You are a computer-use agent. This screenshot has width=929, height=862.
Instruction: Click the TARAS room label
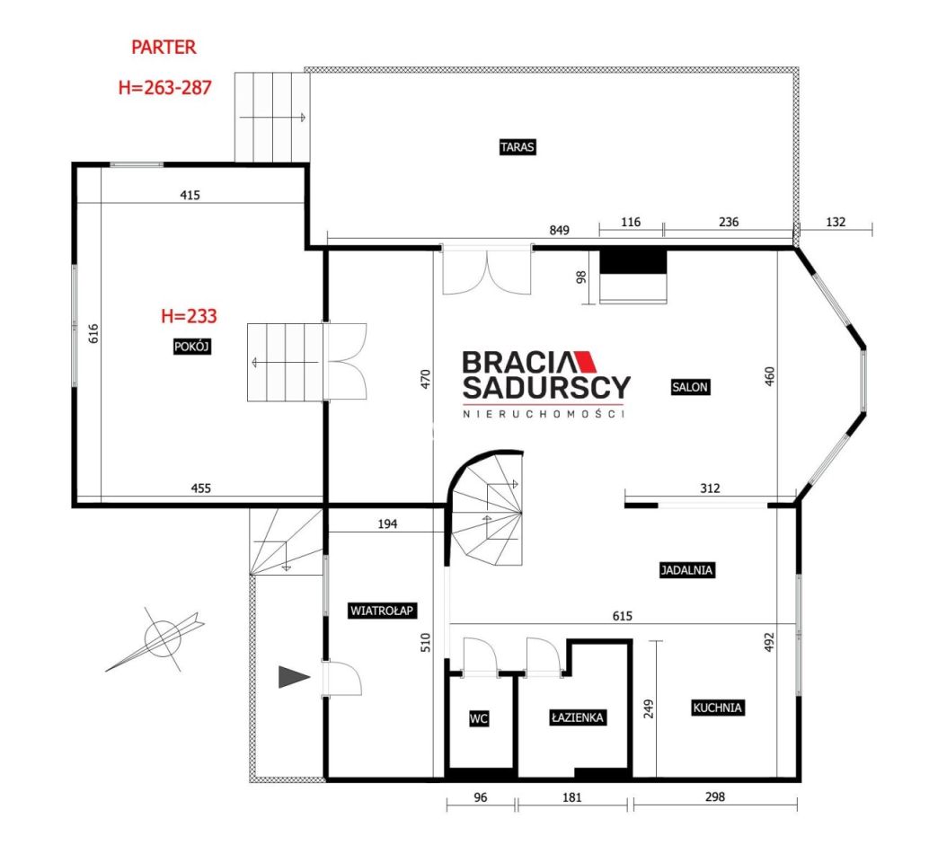[518, 147]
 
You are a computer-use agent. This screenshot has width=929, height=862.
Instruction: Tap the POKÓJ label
[192, 347]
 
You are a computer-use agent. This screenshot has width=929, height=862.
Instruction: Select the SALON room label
[690, 387]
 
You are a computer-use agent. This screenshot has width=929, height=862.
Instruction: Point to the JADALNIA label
[686, 570]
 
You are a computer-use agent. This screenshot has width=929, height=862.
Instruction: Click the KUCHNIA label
[717, 708]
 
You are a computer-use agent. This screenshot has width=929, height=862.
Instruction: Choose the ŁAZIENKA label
[577, 717]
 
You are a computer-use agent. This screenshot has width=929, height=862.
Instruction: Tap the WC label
[479, 718]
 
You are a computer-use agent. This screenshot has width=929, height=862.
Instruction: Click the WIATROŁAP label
[382, 611]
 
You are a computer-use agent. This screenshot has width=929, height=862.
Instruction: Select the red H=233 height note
[189, 316]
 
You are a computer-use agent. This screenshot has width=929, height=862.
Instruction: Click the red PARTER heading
[164, 48]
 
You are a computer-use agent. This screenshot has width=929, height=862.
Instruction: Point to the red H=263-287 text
[164, 88]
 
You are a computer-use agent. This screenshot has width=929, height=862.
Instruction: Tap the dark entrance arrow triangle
[294, 677]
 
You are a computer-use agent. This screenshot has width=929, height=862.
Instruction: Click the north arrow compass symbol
[159, 639]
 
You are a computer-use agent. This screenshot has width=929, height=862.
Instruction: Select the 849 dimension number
[560, 230]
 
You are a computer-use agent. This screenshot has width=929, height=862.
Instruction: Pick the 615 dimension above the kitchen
[622, 616]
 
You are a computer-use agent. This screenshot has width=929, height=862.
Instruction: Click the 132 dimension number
[836, 222]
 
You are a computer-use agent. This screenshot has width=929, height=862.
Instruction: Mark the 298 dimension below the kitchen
[715, 796]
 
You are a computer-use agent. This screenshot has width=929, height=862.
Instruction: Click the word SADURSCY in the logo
[546, 387]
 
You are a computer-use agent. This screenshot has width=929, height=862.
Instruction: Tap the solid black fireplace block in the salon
[633, 261]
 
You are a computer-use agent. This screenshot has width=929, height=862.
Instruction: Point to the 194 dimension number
[387, 524]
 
